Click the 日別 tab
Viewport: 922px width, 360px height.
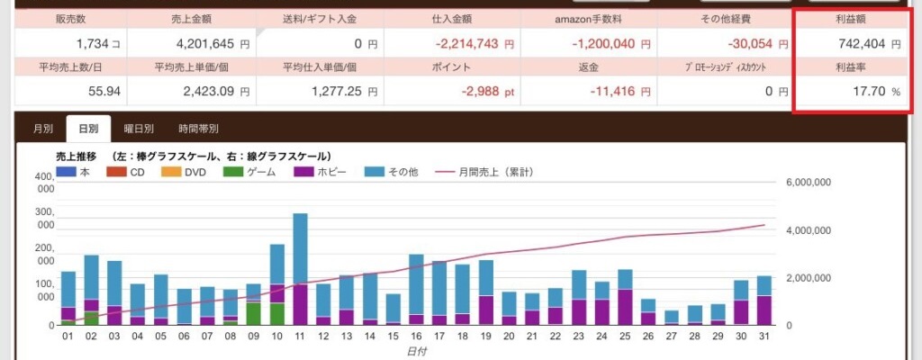click(88, 129)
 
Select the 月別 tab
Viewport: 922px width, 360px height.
click(42, 129)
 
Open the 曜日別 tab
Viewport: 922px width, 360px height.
click(139, 129)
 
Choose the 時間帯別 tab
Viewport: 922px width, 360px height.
click(198, 129)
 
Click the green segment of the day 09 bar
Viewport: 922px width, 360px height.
click(254, 313)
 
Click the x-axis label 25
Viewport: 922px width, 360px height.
click(625, 337)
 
